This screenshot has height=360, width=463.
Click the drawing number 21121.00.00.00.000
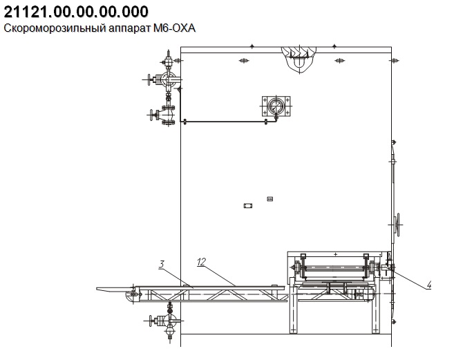coord(76,12)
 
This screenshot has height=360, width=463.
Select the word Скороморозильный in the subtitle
coord(55,28)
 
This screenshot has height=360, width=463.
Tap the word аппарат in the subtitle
coord(130,29)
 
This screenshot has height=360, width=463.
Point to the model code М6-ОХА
coord(174,28)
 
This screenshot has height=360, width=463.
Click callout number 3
coord(161,264)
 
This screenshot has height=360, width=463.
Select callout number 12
coord(201,262)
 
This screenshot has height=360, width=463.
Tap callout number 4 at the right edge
coord(428,285)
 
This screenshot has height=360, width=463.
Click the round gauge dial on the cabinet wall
coord(276,106)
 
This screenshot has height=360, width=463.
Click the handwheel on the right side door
coord(398,225)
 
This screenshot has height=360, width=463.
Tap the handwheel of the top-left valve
coord(149,79)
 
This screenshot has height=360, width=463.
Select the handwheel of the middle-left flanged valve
coord(152,115)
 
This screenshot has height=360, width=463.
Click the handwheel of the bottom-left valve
coord(150,321)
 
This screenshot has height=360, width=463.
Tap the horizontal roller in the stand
coord(335,267)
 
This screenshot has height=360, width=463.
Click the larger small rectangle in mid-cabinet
coord(248,205)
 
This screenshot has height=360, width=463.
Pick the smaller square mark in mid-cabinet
coord(270,199)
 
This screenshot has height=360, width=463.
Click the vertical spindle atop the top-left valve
coord(169,55)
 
